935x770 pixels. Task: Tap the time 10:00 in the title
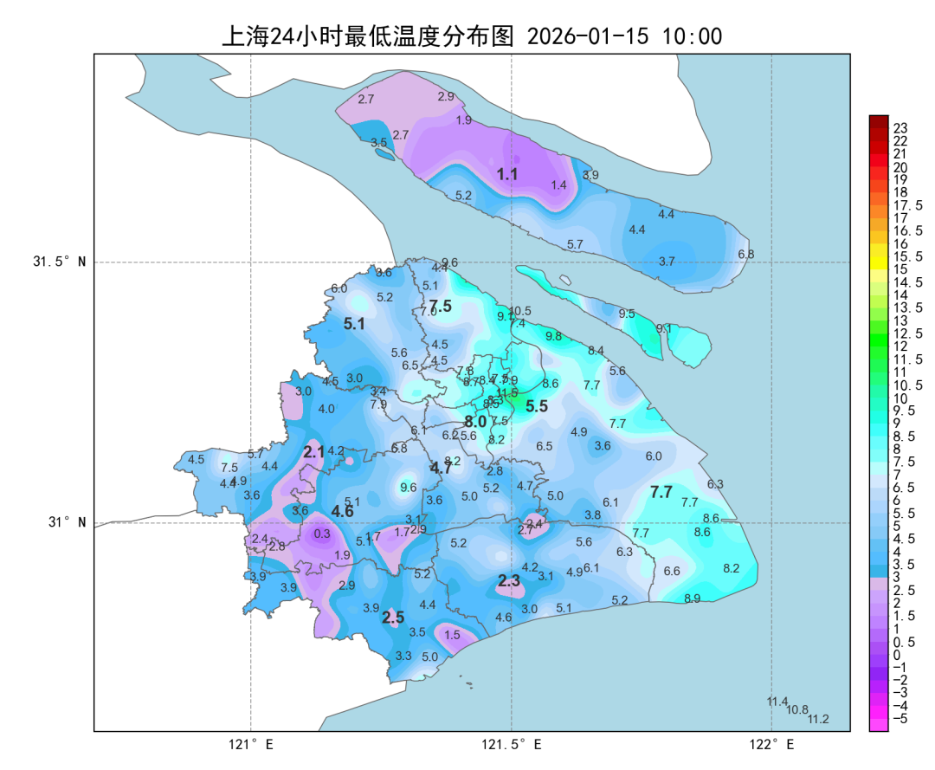pyautogui.click(x=692, y=36)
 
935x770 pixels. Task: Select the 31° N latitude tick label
pyautogui.click(x=66, y=522)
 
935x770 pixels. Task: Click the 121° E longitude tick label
pyautogui.click(x=250, y=744)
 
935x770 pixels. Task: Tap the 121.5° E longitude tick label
pyautogui.click(x=512, y=744)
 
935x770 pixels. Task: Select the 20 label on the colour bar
pyautogui.click(x=900, y=167)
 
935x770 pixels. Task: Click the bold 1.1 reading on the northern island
pyautogui.click(x=506, y=174)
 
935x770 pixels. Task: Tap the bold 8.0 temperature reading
pyautogui.click(x=474, y=422)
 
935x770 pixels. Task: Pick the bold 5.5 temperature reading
pyautogui.click(x=537, y=406)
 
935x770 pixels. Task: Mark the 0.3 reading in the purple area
pyautogui.click(x=322, y=534)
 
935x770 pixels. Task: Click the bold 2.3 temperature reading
pyautogui.click(x=508, y=581)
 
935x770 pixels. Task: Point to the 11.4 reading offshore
pyautogui.click(x=777, y=702)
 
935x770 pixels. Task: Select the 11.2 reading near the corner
pyautogui.click(x=818, y=719)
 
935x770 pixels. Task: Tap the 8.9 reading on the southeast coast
pyautogui.click(x=692, y=599)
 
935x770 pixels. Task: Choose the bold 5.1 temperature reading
pyautogui.click(x=354, y=324)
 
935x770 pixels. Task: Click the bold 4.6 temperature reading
pyautogui.click(x=342, y=512)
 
